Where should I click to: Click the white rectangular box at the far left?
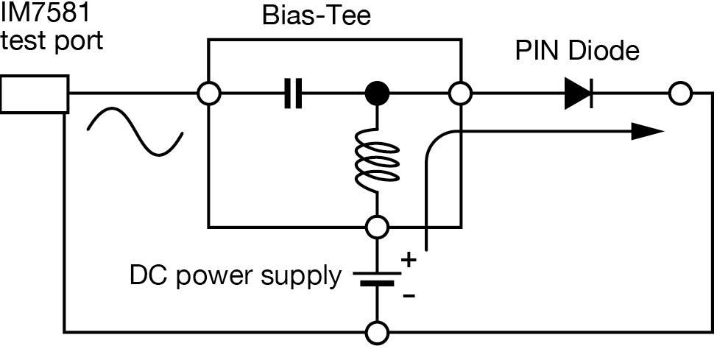pos(34,96)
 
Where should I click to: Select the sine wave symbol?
pos(135,132)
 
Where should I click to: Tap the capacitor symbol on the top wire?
pos(293,94)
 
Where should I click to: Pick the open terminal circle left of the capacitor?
pos(210,94)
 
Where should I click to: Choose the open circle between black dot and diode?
pos(460,94)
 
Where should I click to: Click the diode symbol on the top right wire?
pos(579,98)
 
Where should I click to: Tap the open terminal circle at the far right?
pos(679,94)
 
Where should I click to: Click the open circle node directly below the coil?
pos(378,227)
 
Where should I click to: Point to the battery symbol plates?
pos(378,278)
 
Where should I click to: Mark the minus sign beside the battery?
pos(409,296)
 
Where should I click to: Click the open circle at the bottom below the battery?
pos(378,333)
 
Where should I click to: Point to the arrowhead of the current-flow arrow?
pos(648,132)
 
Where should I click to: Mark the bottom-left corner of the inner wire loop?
pos(210,227)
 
